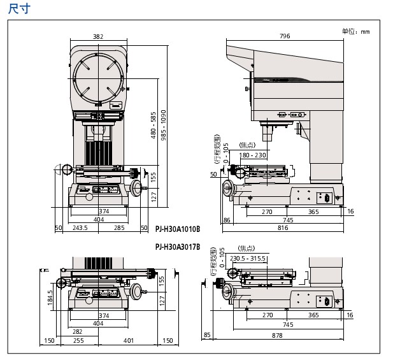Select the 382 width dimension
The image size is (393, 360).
click(x=97, y=37)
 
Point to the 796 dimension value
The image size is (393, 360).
click(x=284, y=37)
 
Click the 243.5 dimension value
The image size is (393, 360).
click(x=80, y=227)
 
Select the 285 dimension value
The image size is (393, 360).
click(x=118, y=227)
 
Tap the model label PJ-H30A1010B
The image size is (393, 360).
click(x=177, y=228)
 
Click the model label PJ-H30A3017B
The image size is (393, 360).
click(x=177, y=247)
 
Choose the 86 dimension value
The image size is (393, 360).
click(x=227, y=220)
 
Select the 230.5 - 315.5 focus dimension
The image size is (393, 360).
click(x=248, y=258)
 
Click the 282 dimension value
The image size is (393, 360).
click(x=77, y=332)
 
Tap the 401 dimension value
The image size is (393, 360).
click(x=129, y=341)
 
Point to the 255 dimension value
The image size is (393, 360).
click(x=79, y=341)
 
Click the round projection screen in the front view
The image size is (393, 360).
click(x=98, y=79)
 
